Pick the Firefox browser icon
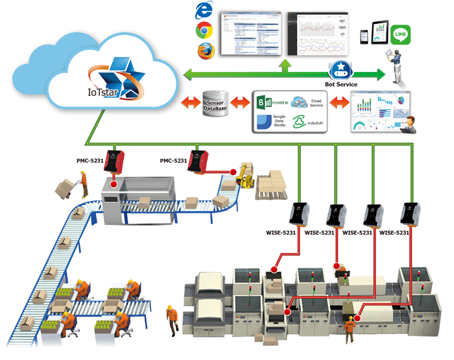206,51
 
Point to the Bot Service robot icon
340,69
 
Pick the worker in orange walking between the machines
171,318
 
